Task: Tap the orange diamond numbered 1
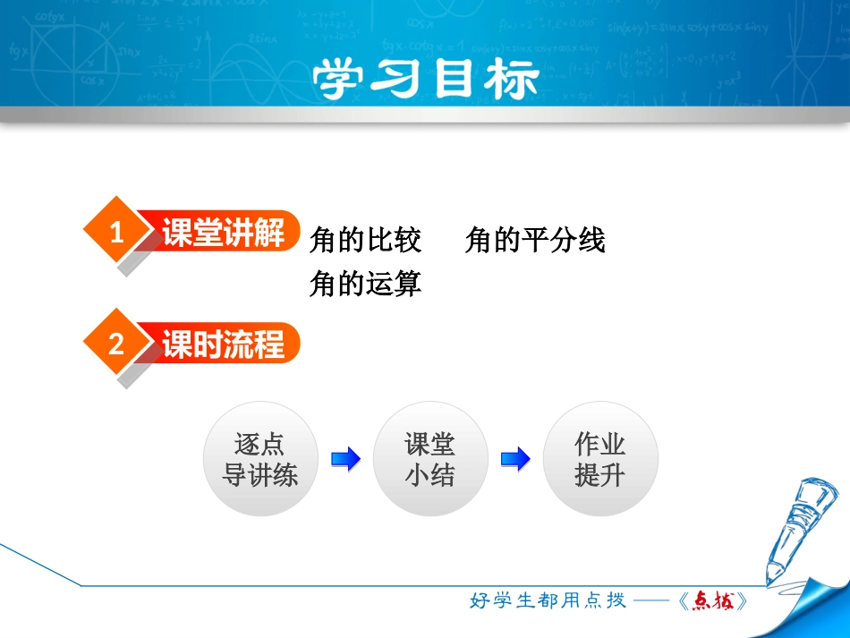[x=115, y=234]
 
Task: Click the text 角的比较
[x=365, y=240]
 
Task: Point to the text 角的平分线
[x=535, y=240]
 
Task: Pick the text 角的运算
[x=365, y=284]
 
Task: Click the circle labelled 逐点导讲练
[x=259, y=459]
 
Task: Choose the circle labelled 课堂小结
[x=430, y=459]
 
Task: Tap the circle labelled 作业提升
[x=600, y=459]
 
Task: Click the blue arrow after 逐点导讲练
[x=345, y=460]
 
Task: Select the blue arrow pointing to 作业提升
[x=515, y=460]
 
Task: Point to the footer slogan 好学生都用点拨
[x=548, y=600]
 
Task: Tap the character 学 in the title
[x=341, y=80]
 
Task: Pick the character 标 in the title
[x=511, y=80]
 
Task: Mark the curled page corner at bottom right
[x=819, y=608]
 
